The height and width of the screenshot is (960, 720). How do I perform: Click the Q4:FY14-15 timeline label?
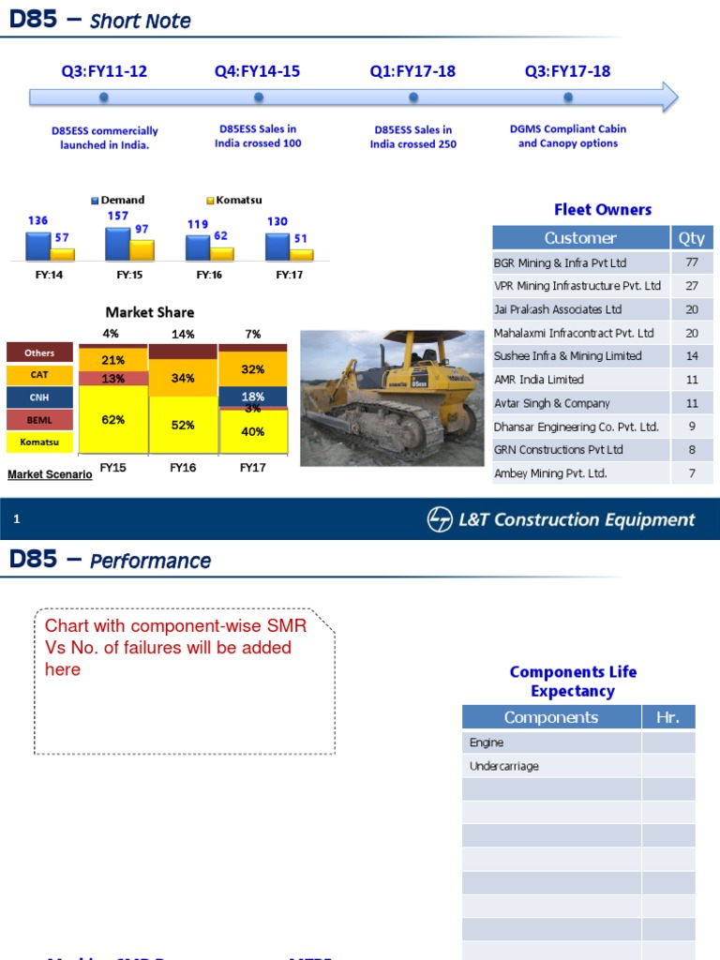point(257,71)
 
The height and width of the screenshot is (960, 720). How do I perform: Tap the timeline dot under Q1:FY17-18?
point(413,97)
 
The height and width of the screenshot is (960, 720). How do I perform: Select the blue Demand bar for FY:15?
point(117,244)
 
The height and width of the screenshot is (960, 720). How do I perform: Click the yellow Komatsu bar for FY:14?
point(62,254)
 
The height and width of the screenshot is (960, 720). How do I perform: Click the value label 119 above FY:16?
point(197,224)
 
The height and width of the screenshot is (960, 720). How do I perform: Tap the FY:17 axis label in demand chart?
point(290,276)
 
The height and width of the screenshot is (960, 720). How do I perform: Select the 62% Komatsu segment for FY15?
point(113,420)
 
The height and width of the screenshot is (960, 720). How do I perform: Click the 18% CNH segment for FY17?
point(252,397)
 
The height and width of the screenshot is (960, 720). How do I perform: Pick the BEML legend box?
point(39,420)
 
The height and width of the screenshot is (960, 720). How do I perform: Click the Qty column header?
point(692,238)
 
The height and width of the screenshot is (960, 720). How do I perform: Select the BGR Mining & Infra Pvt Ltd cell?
point(581,263)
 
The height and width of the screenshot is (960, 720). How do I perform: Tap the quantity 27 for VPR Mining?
point(692,286)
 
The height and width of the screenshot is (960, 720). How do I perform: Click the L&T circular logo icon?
point(439,519)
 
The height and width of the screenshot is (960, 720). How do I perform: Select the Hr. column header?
point(668,718)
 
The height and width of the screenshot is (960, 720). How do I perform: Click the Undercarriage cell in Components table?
point(551,766)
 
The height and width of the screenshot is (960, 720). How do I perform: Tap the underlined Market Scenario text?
point(50,474)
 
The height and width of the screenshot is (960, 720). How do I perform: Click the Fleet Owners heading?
point(603,210)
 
